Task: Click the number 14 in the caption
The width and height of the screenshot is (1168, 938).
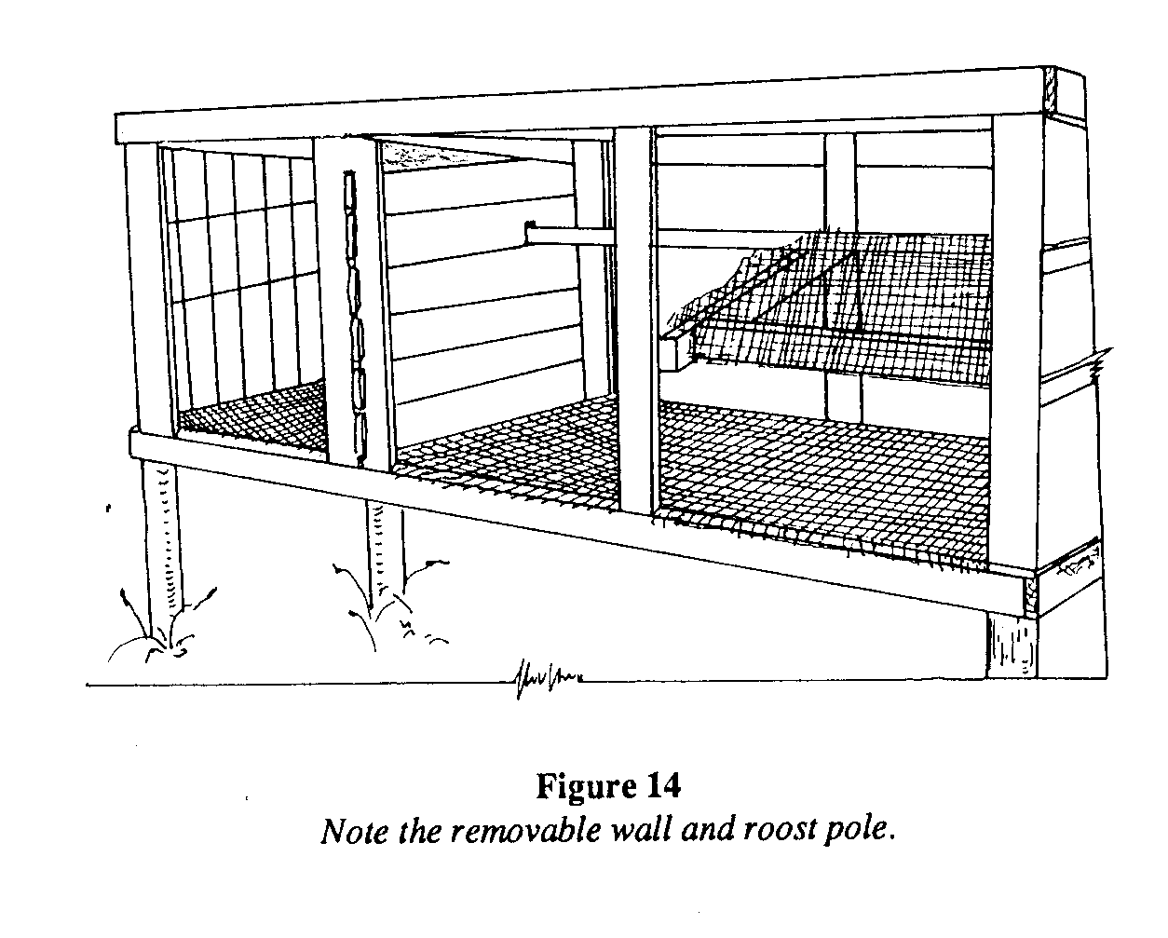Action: pyautogui.click(x=660, y=787)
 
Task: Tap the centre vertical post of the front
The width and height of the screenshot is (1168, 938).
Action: pyautogui.click(x=635, y=317)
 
